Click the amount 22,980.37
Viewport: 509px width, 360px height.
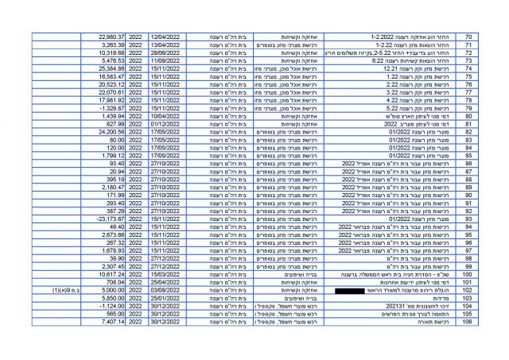(111, 37)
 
